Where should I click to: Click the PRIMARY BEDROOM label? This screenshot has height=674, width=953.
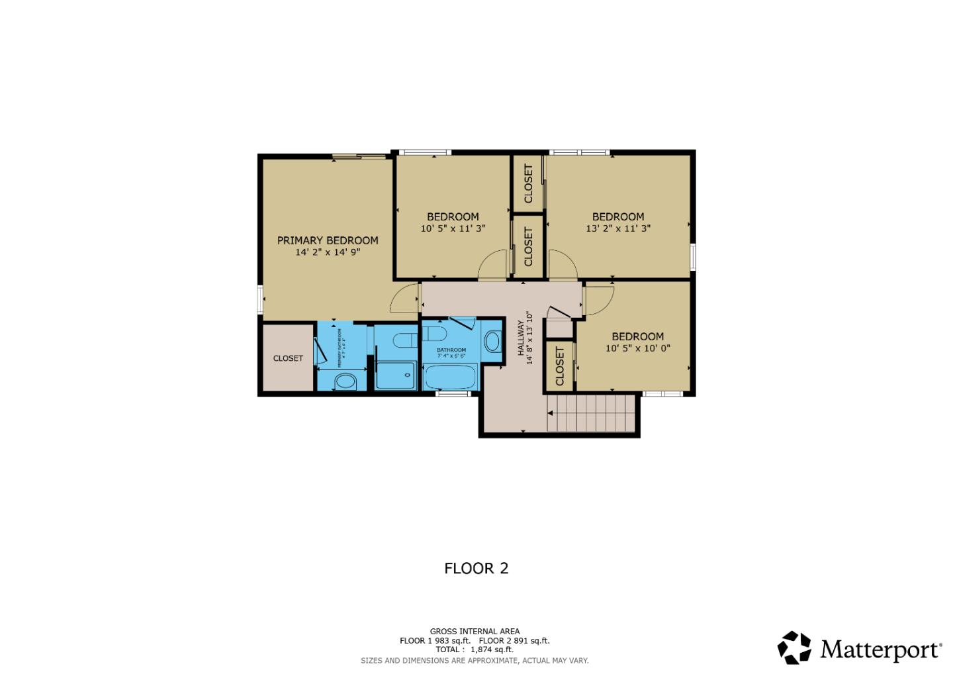click(x=328, y=240)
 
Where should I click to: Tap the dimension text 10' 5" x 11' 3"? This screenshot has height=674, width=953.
click(x=453, y=228)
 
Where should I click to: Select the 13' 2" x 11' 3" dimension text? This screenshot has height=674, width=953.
click(x=618, y=228)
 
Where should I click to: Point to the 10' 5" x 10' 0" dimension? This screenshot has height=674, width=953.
click(x=637, y=348)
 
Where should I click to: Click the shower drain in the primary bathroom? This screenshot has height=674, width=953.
click(x=408, y=375)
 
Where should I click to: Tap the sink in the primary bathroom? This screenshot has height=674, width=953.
click(x=344, y=381)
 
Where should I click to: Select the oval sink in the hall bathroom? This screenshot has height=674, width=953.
click(x=492, y=342)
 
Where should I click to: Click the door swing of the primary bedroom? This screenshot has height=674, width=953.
click(x=404, y=299)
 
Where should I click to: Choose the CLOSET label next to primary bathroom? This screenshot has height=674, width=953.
click(x=288, y=358)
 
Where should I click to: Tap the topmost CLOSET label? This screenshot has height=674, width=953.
click(x=528, y=183)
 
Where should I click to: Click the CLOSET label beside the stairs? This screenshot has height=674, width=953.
click(x=560, y=366)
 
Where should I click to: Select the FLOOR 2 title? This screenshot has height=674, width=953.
click(x=476, y=568)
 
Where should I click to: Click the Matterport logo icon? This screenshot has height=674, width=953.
click(x=794, y=648)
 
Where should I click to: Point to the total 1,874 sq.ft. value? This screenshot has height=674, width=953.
click(x=491, y=650)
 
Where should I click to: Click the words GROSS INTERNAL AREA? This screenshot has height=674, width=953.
click(x=475, y=631)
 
